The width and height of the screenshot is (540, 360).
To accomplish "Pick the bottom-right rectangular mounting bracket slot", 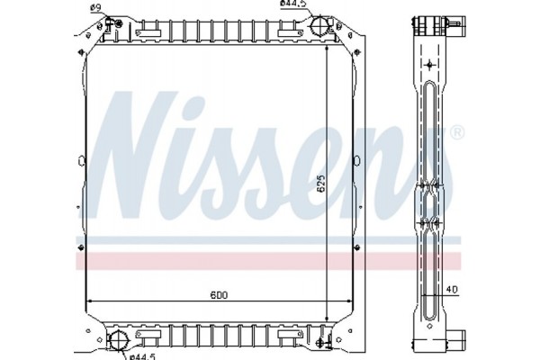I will click(x=289, y=334).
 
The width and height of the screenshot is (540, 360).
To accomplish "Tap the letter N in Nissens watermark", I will click(x=135, y=153).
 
